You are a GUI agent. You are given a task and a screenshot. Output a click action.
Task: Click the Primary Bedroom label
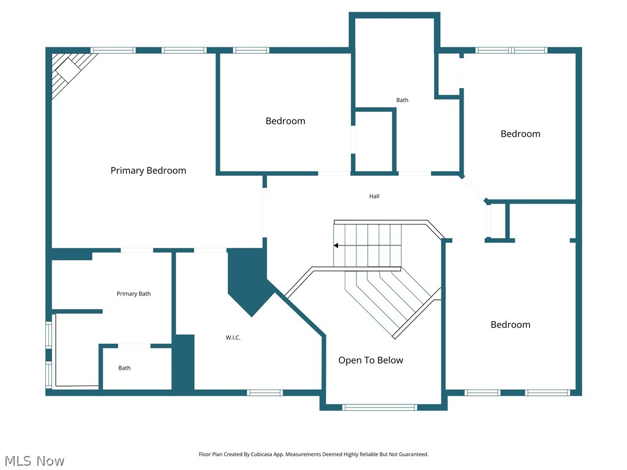[x=148, y=171]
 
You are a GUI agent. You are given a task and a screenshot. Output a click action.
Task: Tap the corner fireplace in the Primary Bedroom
[x=69, y=71]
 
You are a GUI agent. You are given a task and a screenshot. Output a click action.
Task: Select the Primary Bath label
[x=133, y=294]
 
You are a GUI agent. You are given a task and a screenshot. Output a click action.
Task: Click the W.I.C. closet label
[x=233, y=337]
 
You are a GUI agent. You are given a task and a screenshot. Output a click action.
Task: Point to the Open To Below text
[x=370, y=360]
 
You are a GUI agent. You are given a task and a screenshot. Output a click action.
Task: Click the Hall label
[x=374, y=196]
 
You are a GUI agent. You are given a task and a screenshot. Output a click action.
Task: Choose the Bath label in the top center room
[x=402, y=100]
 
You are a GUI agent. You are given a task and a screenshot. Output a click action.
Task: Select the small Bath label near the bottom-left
[x=124, y=368]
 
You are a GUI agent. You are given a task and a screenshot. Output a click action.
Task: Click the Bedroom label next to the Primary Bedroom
[x=285, y=121]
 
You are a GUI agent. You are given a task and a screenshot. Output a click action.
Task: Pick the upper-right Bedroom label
[x=520, y=134]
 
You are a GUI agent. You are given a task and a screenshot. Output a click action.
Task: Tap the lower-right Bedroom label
[x=510, y=325]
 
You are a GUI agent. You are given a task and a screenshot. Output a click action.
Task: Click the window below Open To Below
[x=380, y=407]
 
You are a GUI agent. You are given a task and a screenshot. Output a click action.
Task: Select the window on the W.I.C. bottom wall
[x=265, y=392]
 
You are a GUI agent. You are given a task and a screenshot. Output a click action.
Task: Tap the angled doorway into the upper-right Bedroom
[x=473, y=188]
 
